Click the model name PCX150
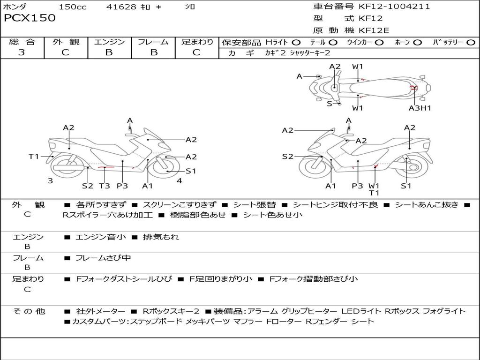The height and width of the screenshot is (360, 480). pos(30,18)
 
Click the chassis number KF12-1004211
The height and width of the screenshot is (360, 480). pos(394,7)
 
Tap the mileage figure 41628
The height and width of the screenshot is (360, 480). pos(121,7)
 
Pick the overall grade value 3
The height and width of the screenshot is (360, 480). pos(22,52)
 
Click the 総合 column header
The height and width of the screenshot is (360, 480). pos(22,42)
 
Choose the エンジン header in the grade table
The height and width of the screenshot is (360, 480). pos(109,42)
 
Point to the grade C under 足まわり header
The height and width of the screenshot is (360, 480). pos(196,52)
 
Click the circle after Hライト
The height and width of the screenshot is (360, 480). pos(296,43)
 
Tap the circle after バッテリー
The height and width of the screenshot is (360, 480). pos(471,43)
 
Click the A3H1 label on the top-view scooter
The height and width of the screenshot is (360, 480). pos(420,108)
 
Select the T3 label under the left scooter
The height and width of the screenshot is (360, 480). pos(104,186)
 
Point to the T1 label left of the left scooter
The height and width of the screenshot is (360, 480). pos(34,157)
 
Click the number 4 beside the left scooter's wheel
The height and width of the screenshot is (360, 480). pos(179,180)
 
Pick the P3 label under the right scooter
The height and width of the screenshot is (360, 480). pos(357,186)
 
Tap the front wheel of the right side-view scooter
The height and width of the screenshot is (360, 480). pos(311,167)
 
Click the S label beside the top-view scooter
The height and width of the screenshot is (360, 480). pos(329,104)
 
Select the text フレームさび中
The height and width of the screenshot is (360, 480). pos(103,258)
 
